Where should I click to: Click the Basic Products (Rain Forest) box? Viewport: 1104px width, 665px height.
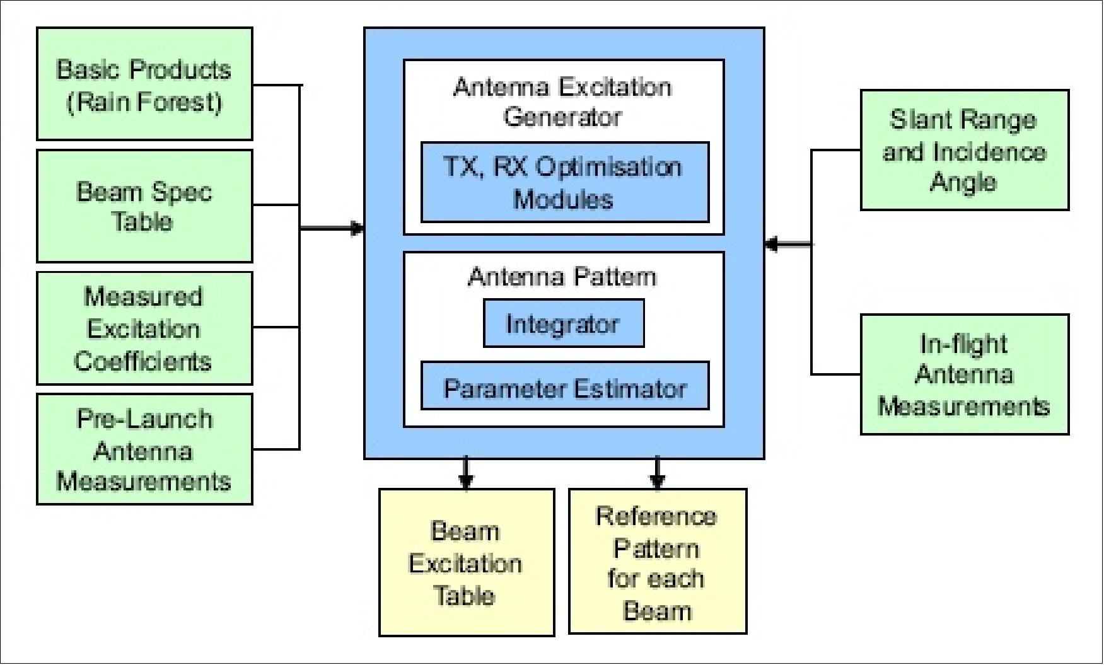pos(144,84)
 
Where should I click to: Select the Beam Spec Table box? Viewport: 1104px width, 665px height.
pos(144,206)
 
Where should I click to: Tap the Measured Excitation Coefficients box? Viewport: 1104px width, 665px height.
pos(144,328)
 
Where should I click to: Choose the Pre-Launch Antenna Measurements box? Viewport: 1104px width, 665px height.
pos(144,449)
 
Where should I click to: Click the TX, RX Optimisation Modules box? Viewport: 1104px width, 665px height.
pos(565,182)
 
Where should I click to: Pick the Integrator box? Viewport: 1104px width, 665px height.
pos(564,323)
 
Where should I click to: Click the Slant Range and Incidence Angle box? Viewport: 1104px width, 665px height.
pos(965,150)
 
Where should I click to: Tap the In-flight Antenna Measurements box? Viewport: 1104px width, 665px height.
pos(965,374)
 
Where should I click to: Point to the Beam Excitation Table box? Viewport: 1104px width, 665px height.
pos(467,562)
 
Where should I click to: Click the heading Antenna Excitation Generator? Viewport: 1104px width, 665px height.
pos(563,101)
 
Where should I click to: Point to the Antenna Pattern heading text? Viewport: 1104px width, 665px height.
pos(562,277)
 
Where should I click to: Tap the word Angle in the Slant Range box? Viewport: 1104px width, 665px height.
pos(963,182)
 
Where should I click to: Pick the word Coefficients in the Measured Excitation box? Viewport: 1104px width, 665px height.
pos(143,361)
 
